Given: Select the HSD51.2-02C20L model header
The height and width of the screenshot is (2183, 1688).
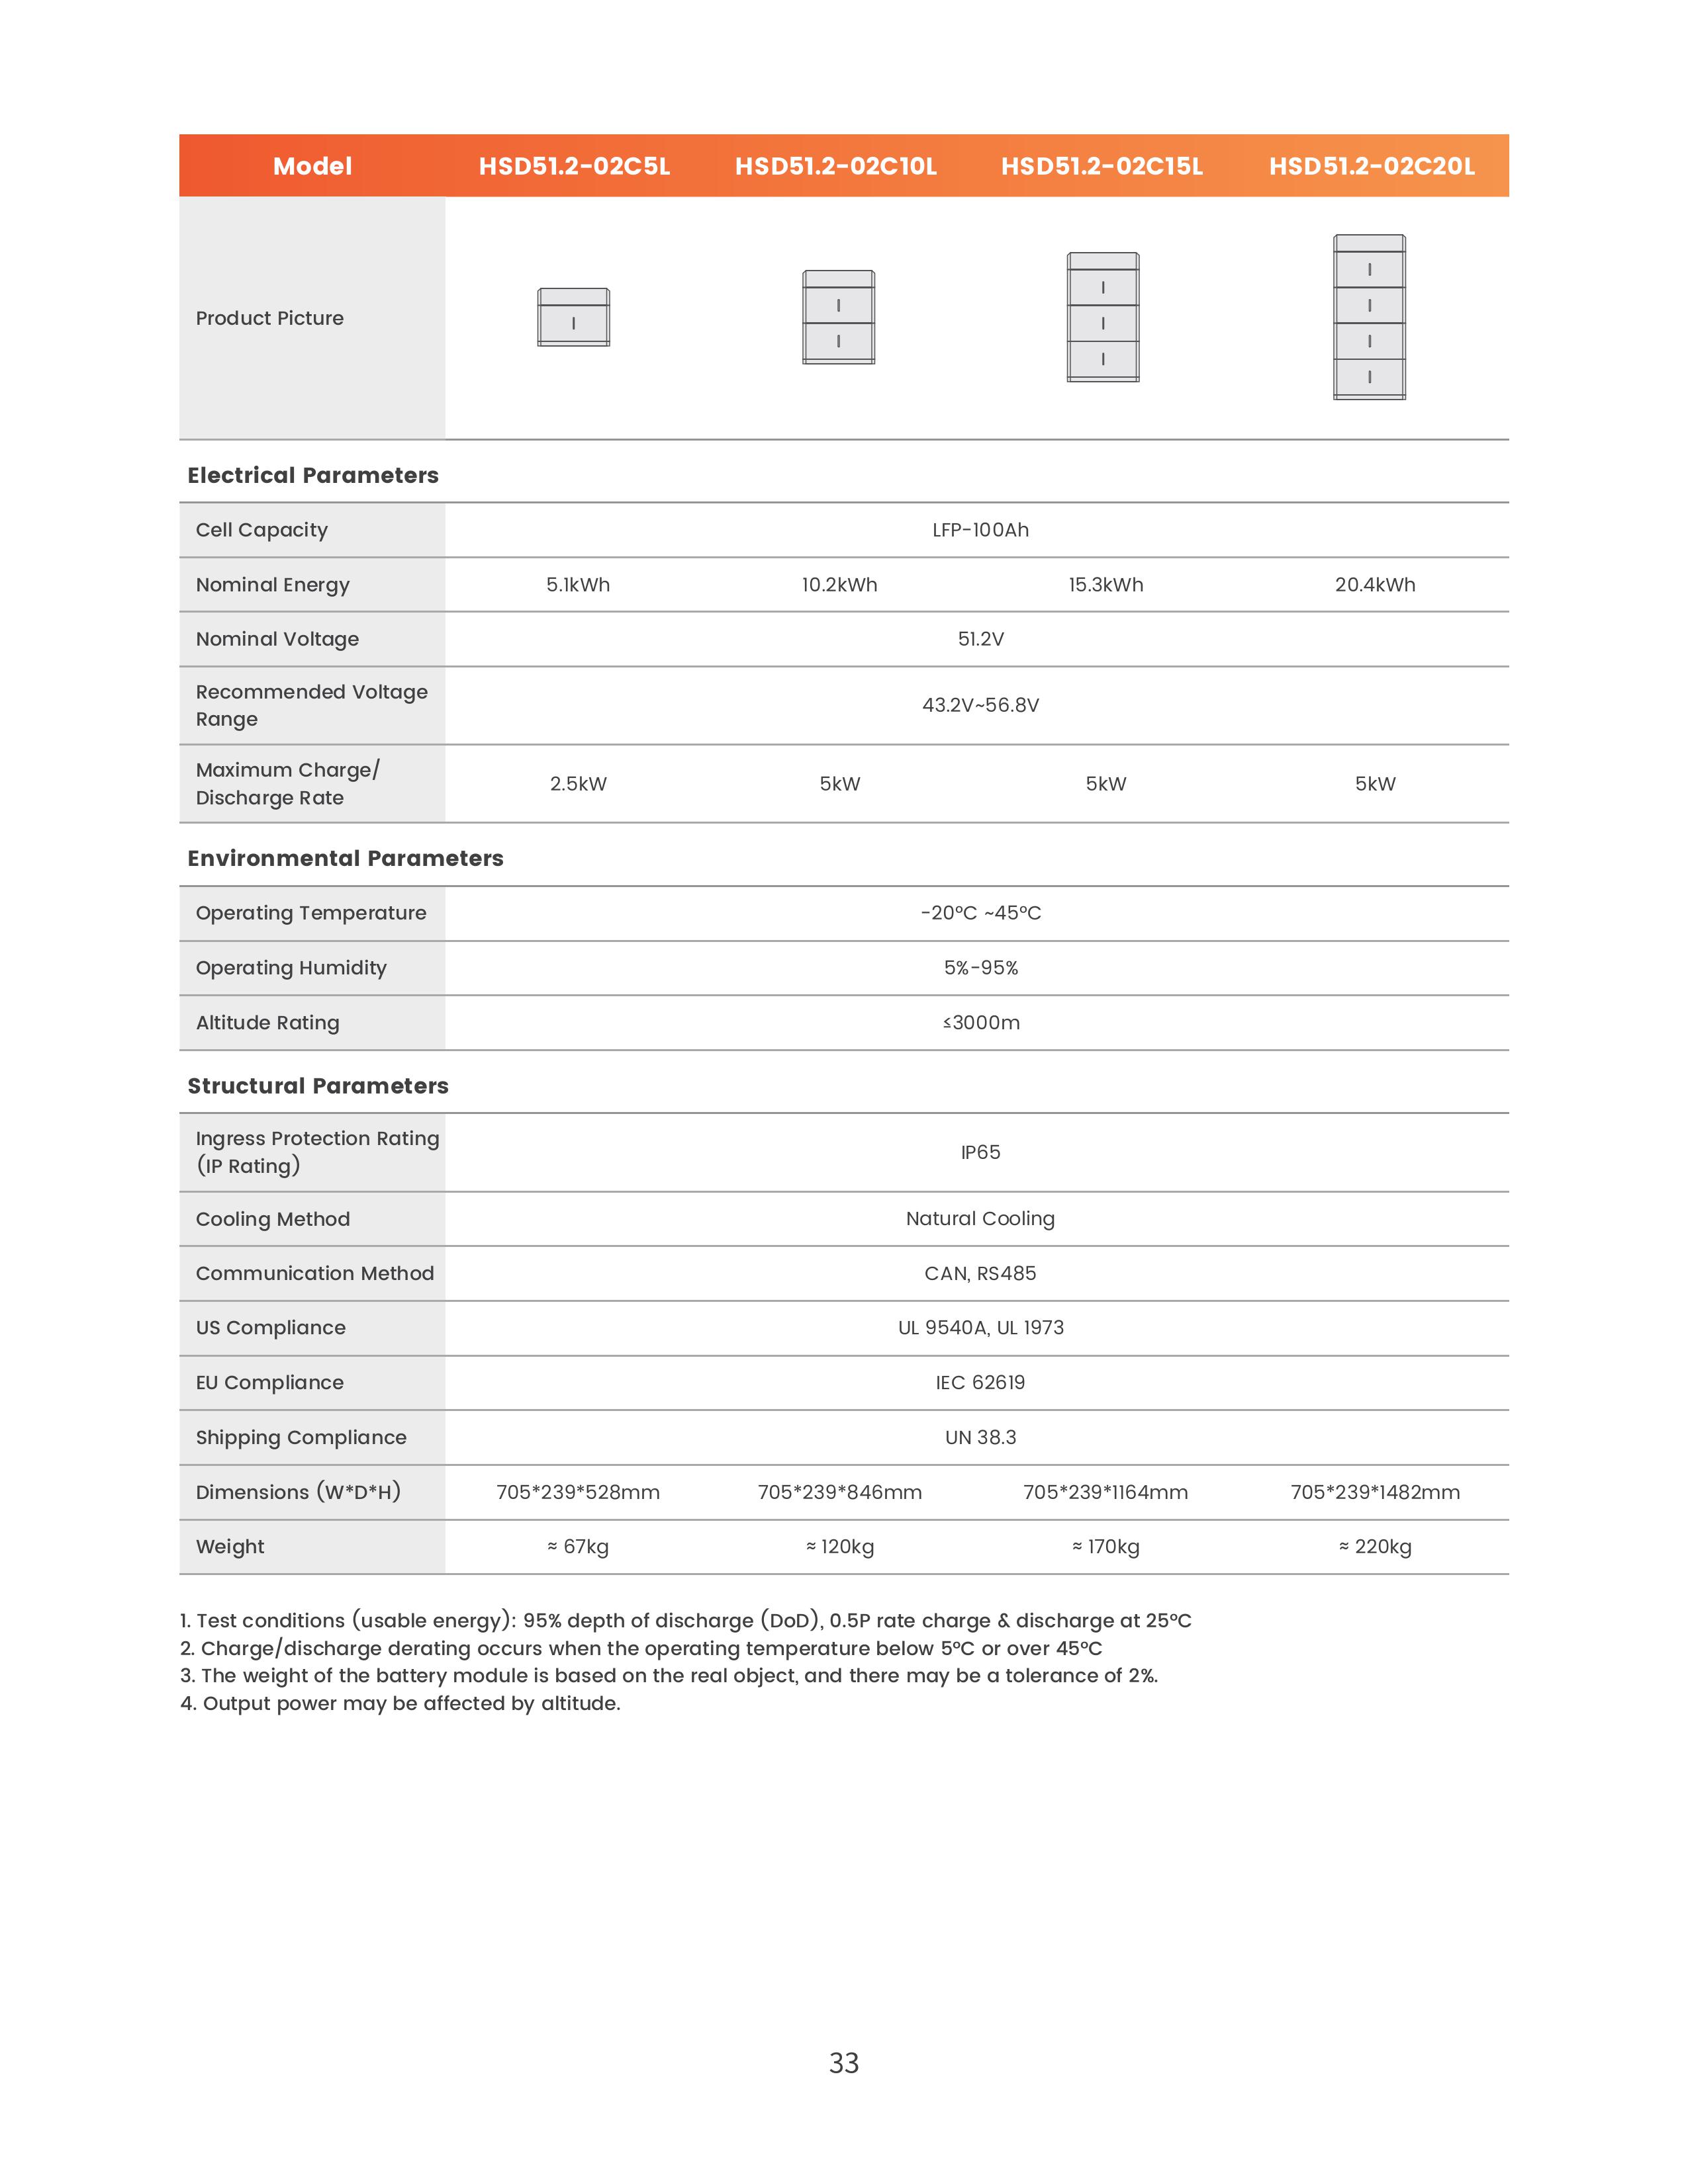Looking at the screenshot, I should tap(1371, 166).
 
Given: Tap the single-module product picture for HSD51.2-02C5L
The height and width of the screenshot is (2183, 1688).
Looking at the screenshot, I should tap(573, 318).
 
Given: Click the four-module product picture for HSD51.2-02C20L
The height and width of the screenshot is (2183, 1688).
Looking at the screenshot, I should tap(1369, 318).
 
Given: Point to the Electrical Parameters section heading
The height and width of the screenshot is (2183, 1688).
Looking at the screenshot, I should tap(313, 475).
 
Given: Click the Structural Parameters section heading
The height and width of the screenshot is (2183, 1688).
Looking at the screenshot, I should tap(318, 1086).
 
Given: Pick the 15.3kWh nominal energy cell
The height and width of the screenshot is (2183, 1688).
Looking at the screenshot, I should tap(1105, 585).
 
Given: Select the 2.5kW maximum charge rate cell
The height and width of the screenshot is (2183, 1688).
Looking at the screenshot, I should tap(578, 784).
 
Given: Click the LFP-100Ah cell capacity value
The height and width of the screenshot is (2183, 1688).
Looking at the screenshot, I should tap(980, 530).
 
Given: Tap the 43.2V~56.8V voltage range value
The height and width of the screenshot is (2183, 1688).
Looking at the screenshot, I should tap(980, 705).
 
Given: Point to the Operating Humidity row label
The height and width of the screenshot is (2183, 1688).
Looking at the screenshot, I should tap(291, 968).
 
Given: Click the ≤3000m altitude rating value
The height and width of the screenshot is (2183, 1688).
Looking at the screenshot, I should tap(980, 1023).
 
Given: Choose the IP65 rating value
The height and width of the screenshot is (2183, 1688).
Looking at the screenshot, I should tap(980, 1152).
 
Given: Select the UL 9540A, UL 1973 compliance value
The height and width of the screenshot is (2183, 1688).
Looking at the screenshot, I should tap(980, 1328).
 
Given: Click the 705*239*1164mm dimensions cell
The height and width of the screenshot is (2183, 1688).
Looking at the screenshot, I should tap(1105, 1492).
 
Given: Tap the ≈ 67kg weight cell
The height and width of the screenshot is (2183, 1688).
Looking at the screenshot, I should tap(578, 1547).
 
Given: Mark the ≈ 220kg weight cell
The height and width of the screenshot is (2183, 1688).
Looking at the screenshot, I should tap(1375, 1547).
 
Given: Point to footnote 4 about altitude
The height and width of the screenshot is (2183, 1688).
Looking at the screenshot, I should tap(400, 1703).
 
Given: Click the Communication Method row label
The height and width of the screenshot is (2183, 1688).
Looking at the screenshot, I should tap(315, 1273).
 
